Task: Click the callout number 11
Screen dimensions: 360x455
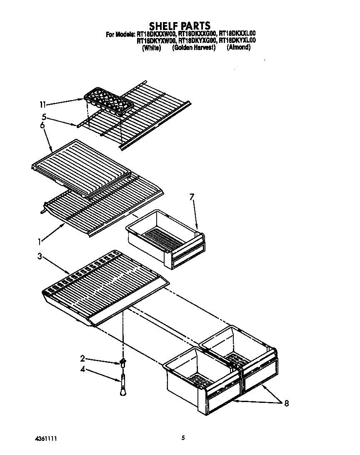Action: coord(42,104)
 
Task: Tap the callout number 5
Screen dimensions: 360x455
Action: coord(44,117)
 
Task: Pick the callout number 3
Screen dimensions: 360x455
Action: coord(40,256)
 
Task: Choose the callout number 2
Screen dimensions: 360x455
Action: coord(82,358)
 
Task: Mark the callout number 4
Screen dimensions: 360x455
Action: coord(82,369)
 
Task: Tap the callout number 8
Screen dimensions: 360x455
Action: coord(286,403)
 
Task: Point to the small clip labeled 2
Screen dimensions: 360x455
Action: coord(123,361)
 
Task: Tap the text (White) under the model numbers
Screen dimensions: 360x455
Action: coord(151,48)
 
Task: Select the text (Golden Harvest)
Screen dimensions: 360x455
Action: coord(194,48)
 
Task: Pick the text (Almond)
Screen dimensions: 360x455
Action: coord(239,48)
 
